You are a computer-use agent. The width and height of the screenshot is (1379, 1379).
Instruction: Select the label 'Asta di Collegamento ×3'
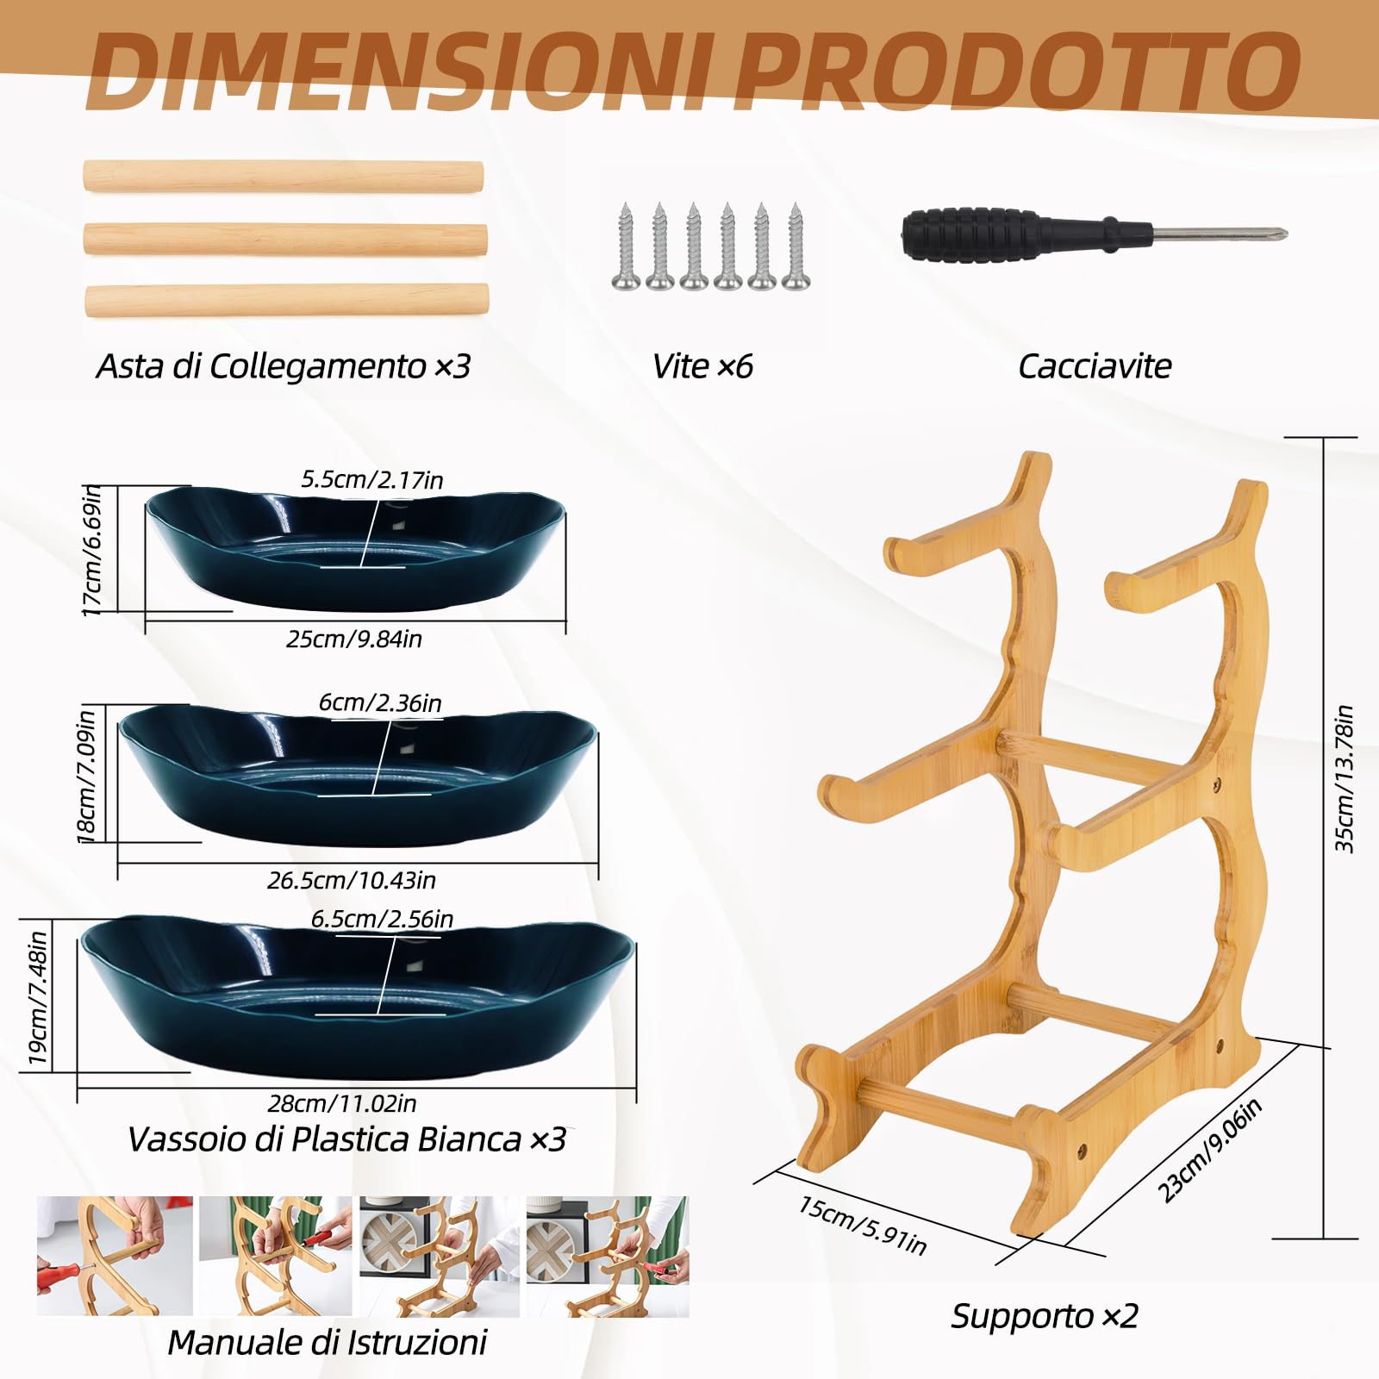[x=284, y=366]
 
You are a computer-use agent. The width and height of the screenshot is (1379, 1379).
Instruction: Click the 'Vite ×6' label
[x=702, y=366]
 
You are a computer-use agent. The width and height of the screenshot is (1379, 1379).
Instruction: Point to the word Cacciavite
[x=1095, y=366]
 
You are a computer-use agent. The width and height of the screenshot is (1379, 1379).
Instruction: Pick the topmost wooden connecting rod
[x=283, y=176]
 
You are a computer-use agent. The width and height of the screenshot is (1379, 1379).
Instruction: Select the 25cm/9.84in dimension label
[x=354, y=639]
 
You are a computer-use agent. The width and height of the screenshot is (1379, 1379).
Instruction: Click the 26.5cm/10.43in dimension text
[x=352, y=880]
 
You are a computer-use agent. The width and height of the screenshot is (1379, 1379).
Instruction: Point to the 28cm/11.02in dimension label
[x=342, y=1103]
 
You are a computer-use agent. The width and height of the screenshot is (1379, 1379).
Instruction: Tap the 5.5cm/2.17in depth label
[x=372, y=479]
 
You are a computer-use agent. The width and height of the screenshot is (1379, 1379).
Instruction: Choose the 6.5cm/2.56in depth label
[x=383, y=919]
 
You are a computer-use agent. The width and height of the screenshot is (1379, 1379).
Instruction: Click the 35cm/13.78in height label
[x=1345, y=780]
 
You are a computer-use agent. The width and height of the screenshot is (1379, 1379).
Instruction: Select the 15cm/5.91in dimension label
[x=863, y=1225]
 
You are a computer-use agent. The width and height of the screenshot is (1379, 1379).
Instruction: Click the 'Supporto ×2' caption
[x=1045, y=1316]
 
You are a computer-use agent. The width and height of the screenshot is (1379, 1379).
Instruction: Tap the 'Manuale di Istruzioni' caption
[x=328, y=1342]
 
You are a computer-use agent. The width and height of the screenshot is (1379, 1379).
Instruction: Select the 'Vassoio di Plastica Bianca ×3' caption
[x=346, y=1139]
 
